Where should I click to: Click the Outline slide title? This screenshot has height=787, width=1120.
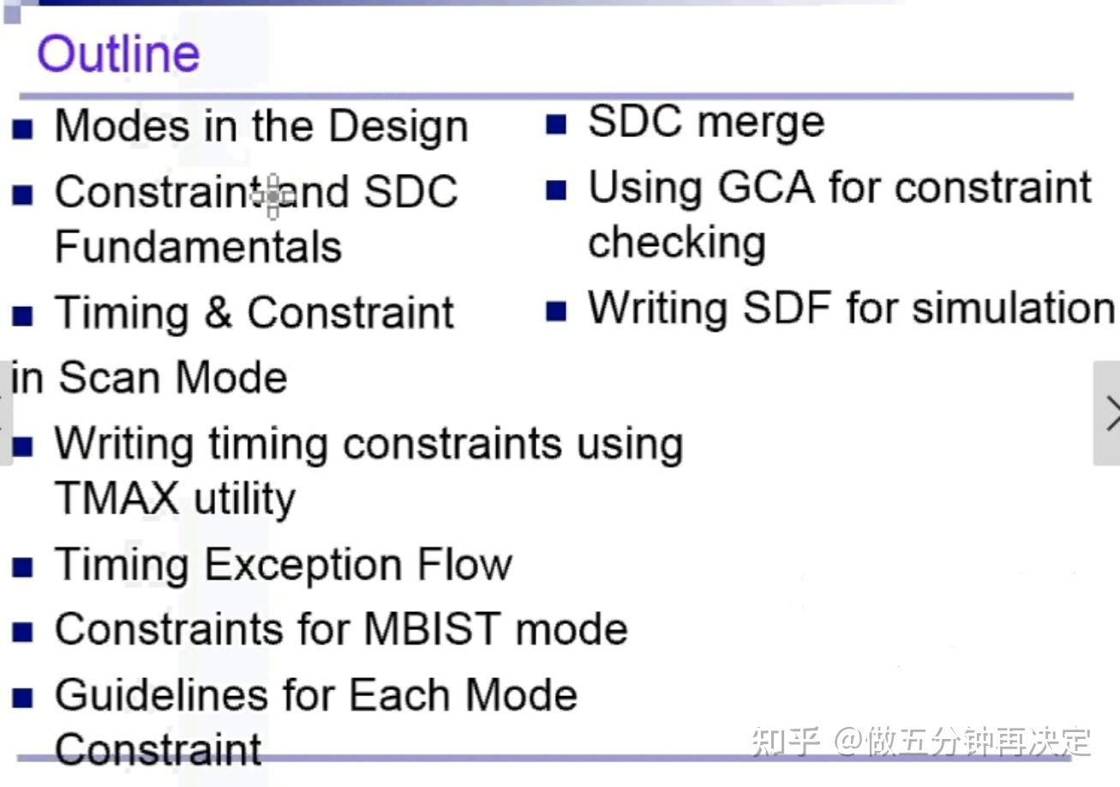(x=118, y=53)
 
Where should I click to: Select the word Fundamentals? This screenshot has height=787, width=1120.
(x=198, y=247)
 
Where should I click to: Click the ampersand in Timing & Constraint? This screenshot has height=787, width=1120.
(x=218, y=312)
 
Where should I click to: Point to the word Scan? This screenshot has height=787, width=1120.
(x=107, y=378)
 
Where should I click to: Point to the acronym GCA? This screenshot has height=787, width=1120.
(x=766, y=188)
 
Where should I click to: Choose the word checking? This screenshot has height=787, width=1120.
(x=676, y=243)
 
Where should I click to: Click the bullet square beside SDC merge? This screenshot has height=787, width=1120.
(x=556, y=125)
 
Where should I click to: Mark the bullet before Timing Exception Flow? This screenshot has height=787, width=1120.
(x=23, y=567)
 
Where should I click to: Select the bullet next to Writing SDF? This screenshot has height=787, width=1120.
(x=556, y=310)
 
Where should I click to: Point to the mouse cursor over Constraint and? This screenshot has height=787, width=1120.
(x=272, y=196)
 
